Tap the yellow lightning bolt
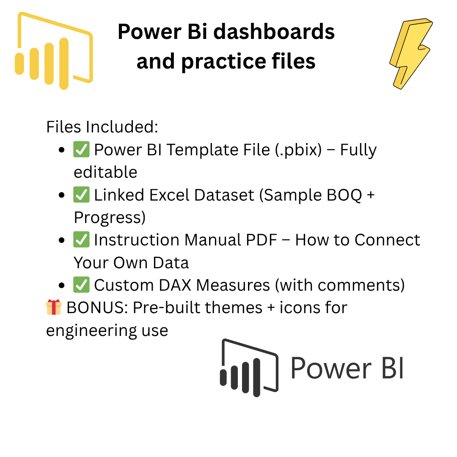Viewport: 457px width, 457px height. (x=409, y=53)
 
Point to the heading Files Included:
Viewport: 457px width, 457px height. (x=102, y=127)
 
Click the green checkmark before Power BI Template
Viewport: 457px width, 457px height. (x=81, y=150)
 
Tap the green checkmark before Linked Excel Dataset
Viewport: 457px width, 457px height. (x=81, y=195)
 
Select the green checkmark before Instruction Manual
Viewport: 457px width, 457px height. (x=81, y=240)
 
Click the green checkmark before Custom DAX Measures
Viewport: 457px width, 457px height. (x=81, y=285)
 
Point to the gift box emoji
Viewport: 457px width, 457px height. (x=54, y=308)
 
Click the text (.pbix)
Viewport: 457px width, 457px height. (x=297, y=150)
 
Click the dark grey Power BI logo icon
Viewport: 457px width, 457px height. (x=249, y=367)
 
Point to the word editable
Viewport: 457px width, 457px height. (x=105, y=172)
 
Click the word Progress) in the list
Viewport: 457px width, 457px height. (x=110, y=217)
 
